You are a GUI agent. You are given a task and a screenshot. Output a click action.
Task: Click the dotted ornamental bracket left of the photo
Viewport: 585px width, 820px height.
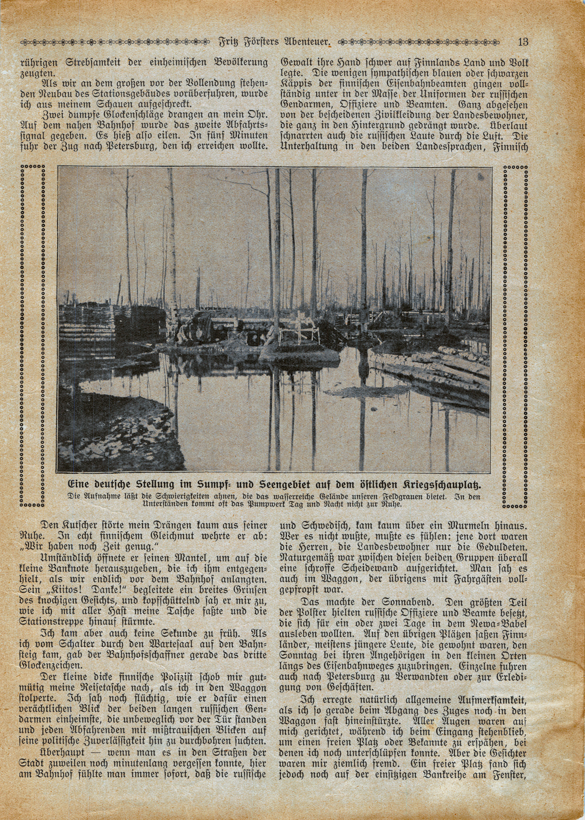pos(33,335)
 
